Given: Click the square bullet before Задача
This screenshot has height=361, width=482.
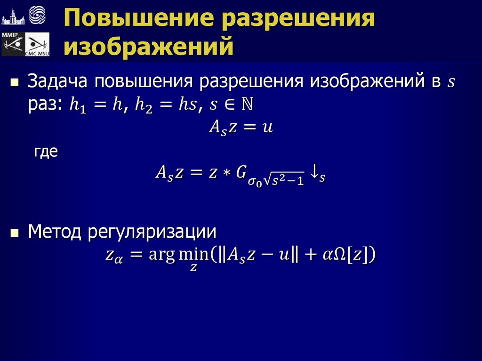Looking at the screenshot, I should tap(15, 82).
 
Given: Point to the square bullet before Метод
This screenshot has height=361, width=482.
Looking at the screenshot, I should tap(15, 233).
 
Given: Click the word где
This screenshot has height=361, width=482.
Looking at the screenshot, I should tap(46, 152).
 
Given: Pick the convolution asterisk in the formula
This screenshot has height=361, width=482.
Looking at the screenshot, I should tap(226, 173).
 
